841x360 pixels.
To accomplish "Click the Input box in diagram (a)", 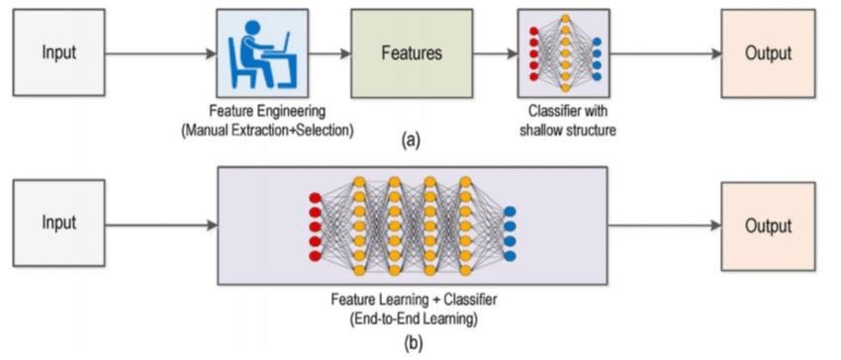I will tap(57, 52).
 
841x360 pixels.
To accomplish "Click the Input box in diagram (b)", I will tap(57, 223).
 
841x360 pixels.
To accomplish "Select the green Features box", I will tap(410, 52).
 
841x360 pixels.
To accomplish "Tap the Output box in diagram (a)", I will tap(768, 53).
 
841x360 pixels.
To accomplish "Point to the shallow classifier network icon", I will tap(564, 52).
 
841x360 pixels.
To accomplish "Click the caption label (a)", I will tap(410, 141).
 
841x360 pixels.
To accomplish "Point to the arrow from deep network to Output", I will tap(663, 225).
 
